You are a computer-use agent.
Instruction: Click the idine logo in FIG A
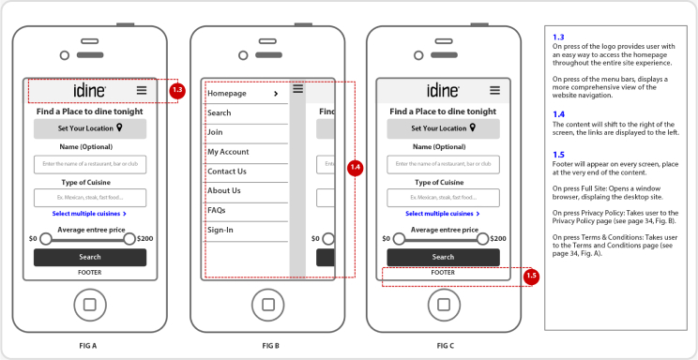click(89, 90)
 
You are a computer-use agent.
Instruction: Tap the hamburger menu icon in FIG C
click(493, 90)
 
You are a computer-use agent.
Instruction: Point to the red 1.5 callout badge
click(531, 276)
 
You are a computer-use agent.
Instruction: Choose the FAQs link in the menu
click(217, 210)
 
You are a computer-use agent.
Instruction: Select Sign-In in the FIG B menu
click(220, 230)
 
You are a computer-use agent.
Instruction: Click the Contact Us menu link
click(227, 172)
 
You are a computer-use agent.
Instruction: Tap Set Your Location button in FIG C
click(443, 128)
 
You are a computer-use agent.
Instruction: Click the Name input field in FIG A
click(90, 164)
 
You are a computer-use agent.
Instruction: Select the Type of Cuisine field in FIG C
click(443, 198)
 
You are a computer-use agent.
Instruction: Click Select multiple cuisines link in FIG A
click(89, 214)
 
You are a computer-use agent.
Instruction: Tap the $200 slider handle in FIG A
click(130, 239)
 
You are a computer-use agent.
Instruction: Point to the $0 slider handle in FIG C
click(399, 239)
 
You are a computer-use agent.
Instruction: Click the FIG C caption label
click(445, 346)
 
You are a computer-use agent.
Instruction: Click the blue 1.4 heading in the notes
click(558, 114)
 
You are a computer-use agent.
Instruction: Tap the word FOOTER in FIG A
click(89, 273)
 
